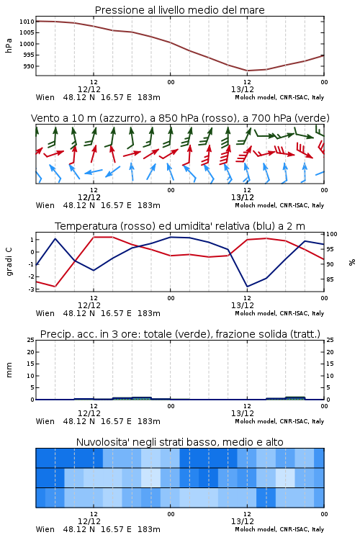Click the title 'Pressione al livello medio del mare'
point(179,10)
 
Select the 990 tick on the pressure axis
point(29,66)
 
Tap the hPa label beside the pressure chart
point(9,45)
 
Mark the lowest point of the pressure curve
point(248,71)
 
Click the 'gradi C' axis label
point(9,261)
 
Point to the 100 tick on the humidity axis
point(332,234)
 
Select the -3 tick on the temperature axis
point(32,289)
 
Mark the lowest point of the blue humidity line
point(248,287)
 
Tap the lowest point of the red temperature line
point(55,287)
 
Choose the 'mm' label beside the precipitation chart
point(9,370)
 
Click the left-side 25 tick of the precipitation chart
point(31,340)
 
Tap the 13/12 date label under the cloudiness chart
point(243,521)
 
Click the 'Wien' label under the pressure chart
point(45,97)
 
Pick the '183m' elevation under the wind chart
point(149,206)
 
